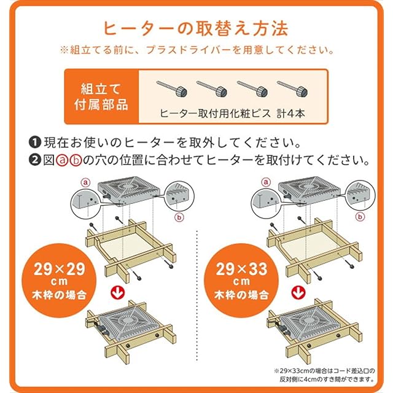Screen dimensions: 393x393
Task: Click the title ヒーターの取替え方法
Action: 196,29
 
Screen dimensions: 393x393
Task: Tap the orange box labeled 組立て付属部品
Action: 101,96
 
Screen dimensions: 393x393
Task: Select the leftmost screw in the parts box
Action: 172,89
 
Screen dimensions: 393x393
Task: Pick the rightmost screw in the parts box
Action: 292,89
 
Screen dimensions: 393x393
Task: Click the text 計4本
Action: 290,114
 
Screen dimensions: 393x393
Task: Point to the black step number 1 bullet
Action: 35,142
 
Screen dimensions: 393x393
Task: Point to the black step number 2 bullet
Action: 35,160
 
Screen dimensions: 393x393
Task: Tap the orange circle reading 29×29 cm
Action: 59,281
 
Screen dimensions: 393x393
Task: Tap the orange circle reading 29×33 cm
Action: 241,281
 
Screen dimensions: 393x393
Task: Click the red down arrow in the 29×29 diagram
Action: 118,292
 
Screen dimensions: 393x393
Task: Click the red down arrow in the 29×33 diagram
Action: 298,292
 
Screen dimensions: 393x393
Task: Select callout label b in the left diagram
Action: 179,217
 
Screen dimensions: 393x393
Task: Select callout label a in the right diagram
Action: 266,182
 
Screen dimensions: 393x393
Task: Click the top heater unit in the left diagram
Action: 128,190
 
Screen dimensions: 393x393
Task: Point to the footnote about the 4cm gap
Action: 324,375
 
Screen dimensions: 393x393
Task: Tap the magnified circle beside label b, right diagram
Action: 360,195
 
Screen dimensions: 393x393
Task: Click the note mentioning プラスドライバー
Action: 197,50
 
